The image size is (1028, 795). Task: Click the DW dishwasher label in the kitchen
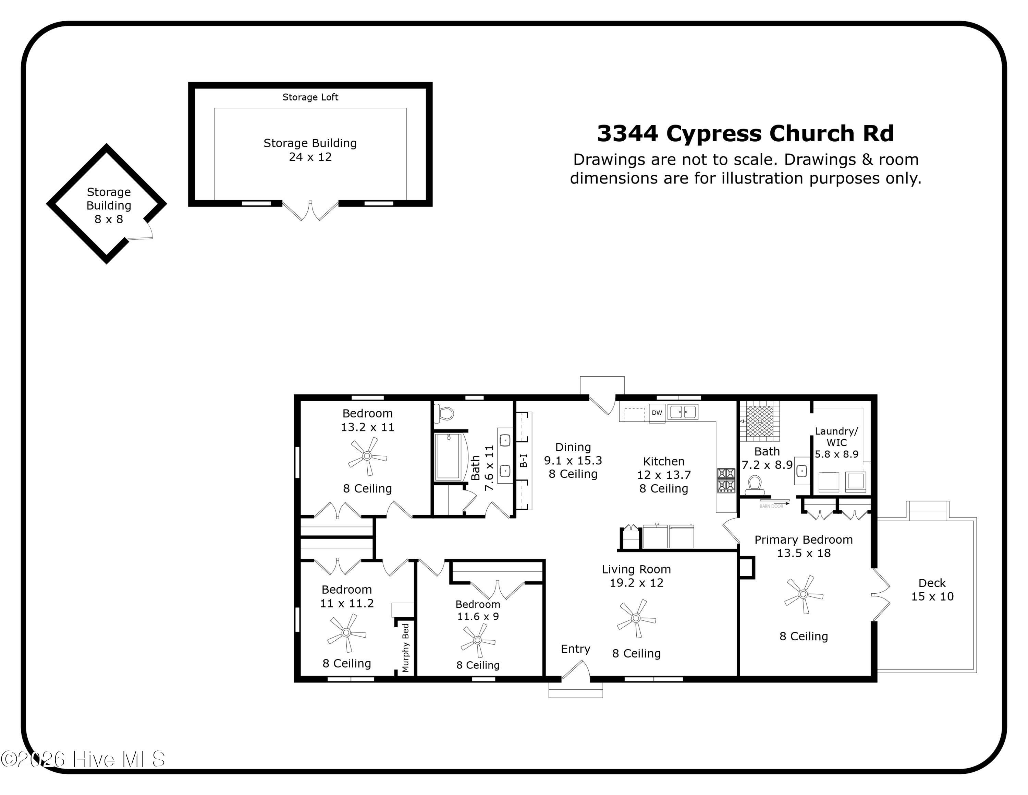pos(657,413)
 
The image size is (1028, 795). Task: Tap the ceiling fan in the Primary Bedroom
pos(803,594)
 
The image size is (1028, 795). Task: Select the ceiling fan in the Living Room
pos(636,618)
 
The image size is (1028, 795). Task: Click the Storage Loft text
pos(310,97)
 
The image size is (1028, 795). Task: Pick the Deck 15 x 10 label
pos(932,590)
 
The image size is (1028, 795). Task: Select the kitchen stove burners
pos(726,480)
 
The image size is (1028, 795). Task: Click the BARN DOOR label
pos(771,506)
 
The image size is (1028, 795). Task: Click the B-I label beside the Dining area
pos(523,461)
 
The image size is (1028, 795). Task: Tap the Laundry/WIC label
pos(836,437)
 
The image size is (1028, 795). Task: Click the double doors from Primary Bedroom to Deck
pos(881,594)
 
